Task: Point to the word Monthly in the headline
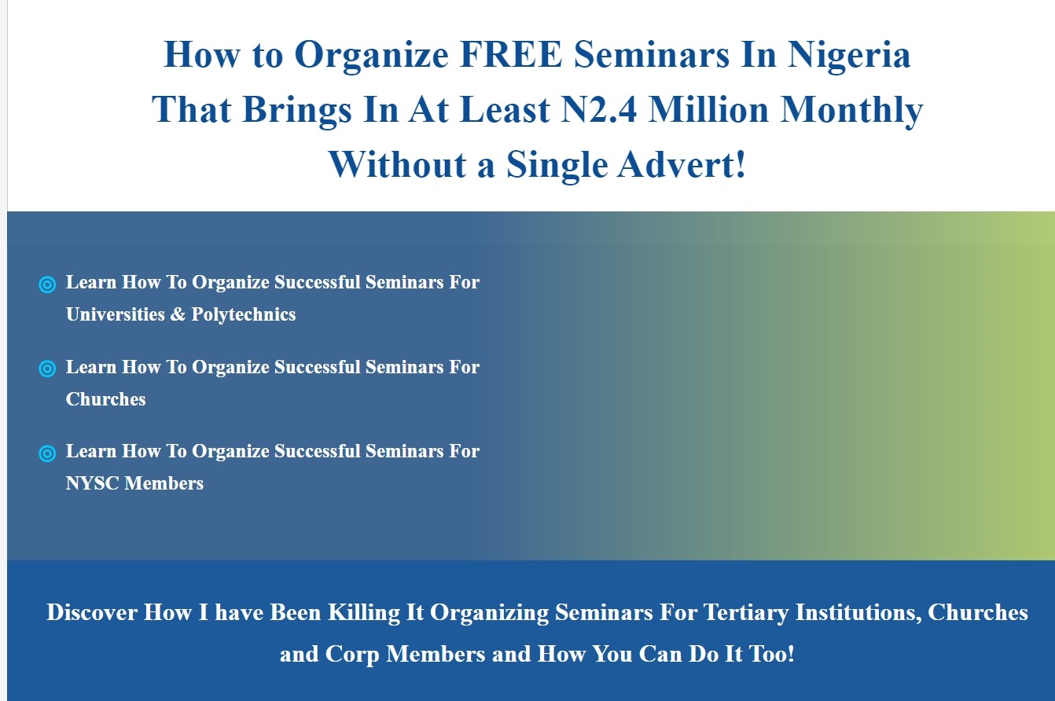(x=851, y=110)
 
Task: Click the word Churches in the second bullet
(x=106, y=399)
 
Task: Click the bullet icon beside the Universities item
(x=47, y=284)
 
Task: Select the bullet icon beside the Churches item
(x=47, y=369)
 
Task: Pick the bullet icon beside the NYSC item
(x=47, y=453)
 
